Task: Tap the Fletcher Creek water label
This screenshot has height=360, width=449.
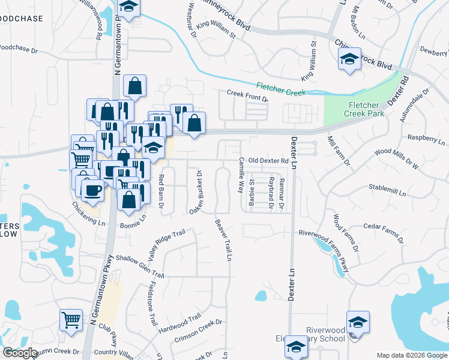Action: point(281,89)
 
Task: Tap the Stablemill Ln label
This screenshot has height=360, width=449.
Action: point(387,190)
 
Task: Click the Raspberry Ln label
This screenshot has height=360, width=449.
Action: point(426,140)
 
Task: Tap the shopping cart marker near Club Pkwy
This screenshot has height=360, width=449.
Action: point(71,320)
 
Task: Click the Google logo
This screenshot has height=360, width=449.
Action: point(20,353)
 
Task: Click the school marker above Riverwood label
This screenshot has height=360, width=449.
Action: point(358,322)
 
